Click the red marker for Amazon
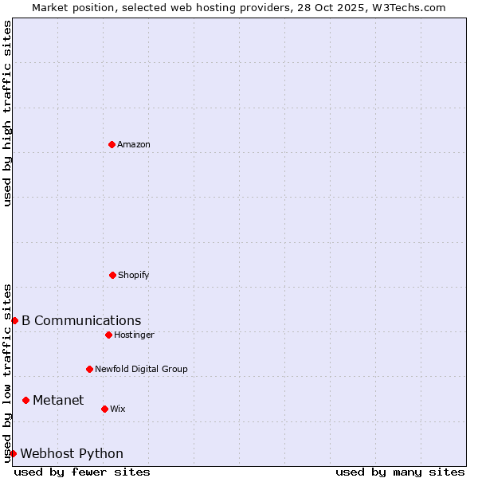pos(112,144)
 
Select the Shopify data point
pos(112,275)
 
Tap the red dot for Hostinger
pos(108,335)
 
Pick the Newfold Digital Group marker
pos(89,369)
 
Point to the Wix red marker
pos(104,409)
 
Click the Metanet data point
pos(26,400)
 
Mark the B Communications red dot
pos(14,320)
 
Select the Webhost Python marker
pos(13,453)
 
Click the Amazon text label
pos(134,144)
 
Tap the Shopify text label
pos(133,275)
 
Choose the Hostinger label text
pos(134,335)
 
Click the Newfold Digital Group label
pos(141,369)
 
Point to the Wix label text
pos(118,409)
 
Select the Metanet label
pos(58,400)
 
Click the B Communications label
pos(81,320)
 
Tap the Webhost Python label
pos(72,453)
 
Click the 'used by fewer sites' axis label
pos(82,472)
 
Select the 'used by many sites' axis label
pos(400,472)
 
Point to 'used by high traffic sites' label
pos(7,113)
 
